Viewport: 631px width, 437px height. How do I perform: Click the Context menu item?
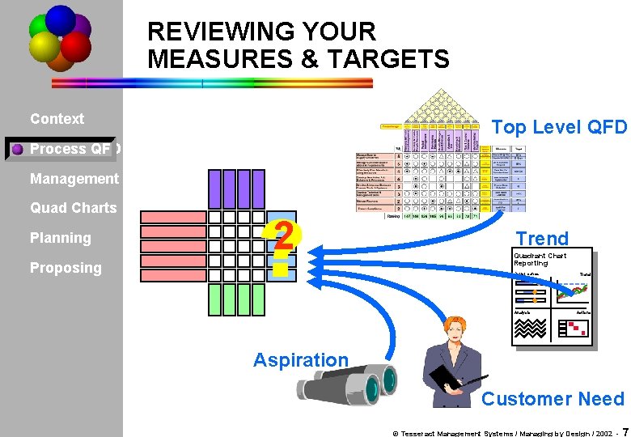click(57, 119)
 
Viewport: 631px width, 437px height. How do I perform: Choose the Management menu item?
click(74, 178)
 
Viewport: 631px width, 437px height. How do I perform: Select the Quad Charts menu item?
click(74, 208)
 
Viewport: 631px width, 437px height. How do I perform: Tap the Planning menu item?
click(61, 238)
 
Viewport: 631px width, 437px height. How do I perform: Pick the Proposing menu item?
click(66, 268)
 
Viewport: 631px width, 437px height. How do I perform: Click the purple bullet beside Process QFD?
click(17, 149)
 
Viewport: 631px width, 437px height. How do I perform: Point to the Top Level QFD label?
click(559, 127)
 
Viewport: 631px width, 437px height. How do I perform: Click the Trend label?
click(542, 239)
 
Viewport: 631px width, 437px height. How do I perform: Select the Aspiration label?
click(301, 360)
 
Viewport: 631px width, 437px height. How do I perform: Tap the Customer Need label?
click(553, 399)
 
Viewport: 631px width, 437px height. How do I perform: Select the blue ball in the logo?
click(61, 19)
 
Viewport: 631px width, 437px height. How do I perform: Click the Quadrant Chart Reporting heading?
click(540, 260)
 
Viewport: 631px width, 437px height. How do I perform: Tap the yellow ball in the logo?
click(44, 47)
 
